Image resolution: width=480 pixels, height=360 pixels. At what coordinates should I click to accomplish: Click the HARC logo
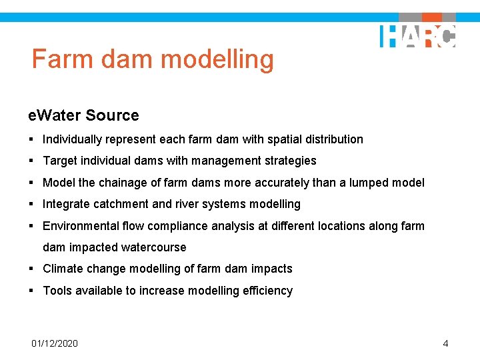tap(418, 36)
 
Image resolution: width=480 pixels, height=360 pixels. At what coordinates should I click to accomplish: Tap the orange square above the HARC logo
tap(432, 17)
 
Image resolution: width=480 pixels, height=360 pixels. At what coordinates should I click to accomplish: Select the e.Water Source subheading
tap(83, 115)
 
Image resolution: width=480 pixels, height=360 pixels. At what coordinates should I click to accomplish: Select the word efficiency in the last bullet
tap(267, 291)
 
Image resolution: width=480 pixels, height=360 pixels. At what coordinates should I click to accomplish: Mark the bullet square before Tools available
tap(31, 291)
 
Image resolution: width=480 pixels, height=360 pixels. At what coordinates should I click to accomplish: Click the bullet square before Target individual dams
tap(31, 161)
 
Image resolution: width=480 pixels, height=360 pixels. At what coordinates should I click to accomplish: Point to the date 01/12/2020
tap(55, 343)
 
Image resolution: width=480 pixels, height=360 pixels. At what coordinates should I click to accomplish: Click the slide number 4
tap(445, 343)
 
